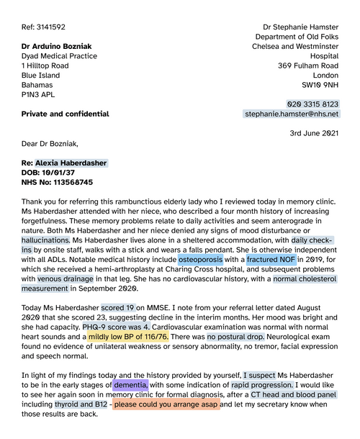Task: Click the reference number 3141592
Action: click(50, 27)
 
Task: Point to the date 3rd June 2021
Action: click(313, 133)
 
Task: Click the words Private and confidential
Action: click(66, 114)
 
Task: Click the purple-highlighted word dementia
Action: click(131, 385)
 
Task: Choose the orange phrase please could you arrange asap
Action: click(166, 404)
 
